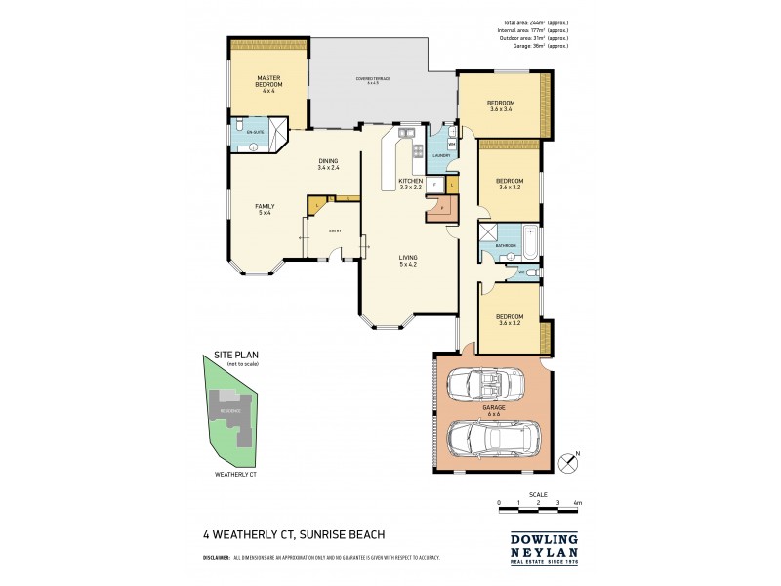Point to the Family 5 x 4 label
click(265, 210)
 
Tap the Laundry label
click(440, 154)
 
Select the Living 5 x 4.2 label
click(408, 263)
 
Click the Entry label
click(335, 230)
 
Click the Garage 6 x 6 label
click(492, 411)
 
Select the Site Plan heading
click(237, 356)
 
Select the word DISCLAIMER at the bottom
click(216, 557)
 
